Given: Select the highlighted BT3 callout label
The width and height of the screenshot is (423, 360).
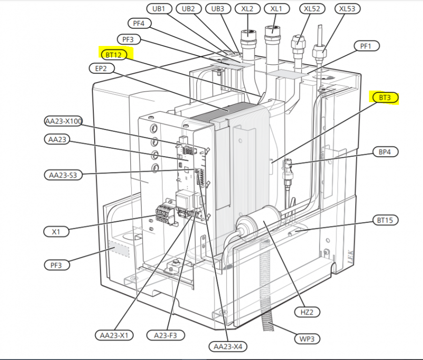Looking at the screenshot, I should tap(385, 98).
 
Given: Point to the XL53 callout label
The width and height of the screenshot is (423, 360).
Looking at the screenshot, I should tap(347, 9).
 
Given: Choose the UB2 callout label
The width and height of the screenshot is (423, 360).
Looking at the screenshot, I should tap(191, 9).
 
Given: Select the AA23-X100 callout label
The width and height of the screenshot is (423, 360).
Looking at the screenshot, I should tap(64, 122).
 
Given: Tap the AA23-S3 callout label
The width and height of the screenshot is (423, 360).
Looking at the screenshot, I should tap(63, 175).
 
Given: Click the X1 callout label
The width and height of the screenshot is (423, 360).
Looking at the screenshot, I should tap(56, 232).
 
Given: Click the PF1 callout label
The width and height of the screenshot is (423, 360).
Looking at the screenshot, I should tap(366, 46).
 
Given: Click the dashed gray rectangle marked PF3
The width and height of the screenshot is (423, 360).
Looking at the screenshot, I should tap(119, 249).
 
